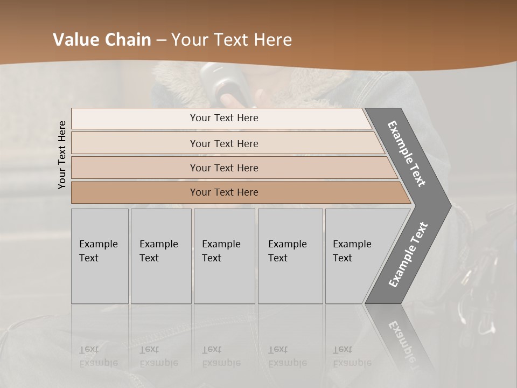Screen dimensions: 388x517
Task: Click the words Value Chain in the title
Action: (x=102, y=40)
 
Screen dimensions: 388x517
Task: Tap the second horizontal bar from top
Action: (x=223, y=143)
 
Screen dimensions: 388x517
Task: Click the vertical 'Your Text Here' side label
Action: (x=62, y=155)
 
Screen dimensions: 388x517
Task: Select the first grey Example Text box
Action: (x=100, y=256)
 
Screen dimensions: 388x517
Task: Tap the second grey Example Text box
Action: (x=161, y=256)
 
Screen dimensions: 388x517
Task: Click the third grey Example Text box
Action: (x=224, y=256)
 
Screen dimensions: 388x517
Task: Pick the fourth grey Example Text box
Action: (x=290, y=256)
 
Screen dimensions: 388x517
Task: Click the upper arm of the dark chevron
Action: (x=407, y=154)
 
